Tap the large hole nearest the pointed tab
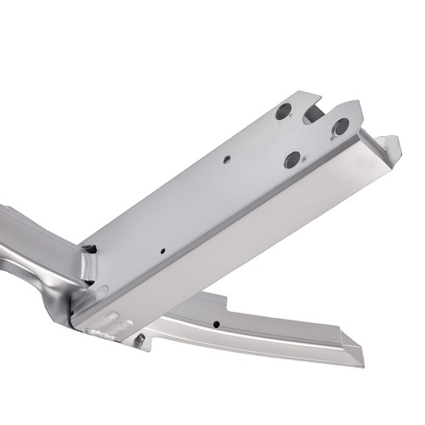pos(340,127)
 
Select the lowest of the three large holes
pos(292,158)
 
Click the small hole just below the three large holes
pos(227,159)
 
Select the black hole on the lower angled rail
pos(219,323)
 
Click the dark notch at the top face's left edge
pos(89,249)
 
